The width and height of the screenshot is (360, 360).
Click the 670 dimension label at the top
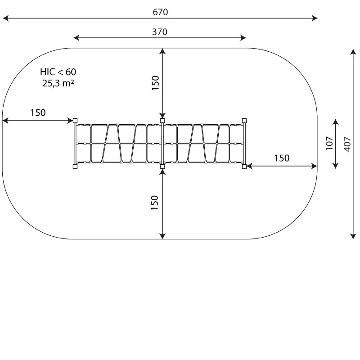[160, 12]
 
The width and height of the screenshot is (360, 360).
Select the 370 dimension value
[160, 31]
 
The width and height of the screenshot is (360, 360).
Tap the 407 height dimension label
[347, 144]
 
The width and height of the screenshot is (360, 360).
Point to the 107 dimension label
[329, 143]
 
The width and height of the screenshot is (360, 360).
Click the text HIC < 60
[58, 72]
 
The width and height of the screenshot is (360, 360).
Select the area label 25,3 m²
[58, 83]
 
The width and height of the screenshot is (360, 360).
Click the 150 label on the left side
[38, 112]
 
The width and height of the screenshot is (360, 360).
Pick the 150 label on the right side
[282, 158]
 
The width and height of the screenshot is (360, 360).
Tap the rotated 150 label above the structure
[156, 83]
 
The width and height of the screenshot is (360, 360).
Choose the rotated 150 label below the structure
[155, 202]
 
